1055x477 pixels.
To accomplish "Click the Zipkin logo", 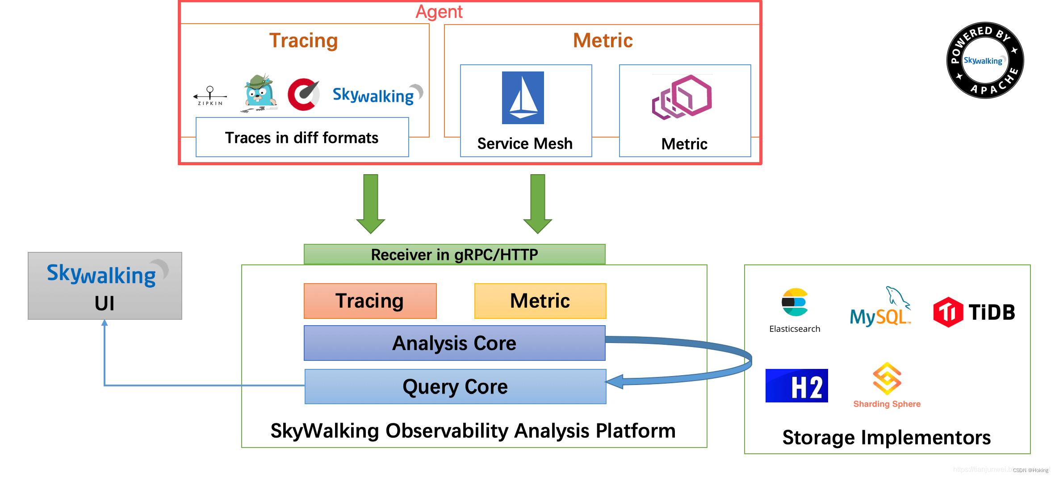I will pos(210,96).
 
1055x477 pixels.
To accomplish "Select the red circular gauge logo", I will pos(303,94).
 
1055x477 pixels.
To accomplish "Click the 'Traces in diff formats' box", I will pos(302,137).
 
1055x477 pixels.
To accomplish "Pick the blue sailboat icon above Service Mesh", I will pos(523,98).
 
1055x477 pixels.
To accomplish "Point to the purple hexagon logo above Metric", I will pos(682,97).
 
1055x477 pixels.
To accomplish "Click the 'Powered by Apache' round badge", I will pos(985,60).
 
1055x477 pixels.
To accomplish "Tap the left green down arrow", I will pos(371,203).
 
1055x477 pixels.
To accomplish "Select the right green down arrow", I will pos(537,203).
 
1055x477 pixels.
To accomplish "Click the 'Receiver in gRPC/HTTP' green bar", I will pos(454,255).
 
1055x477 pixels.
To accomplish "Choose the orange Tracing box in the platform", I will pos(370,301).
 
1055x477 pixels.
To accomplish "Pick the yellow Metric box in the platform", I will pos(540,301).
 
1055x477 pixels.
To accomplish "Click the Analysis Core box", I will pos(454,343).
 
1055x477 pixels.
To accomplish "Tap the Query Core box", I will pos(455,386).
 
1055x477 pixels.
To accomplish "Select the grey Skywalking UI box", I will pos(105,286).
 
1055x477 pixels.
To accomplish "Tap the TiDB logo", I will pos(974,312).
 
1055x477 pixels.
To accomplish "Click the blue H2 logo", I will pos(796,385).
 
